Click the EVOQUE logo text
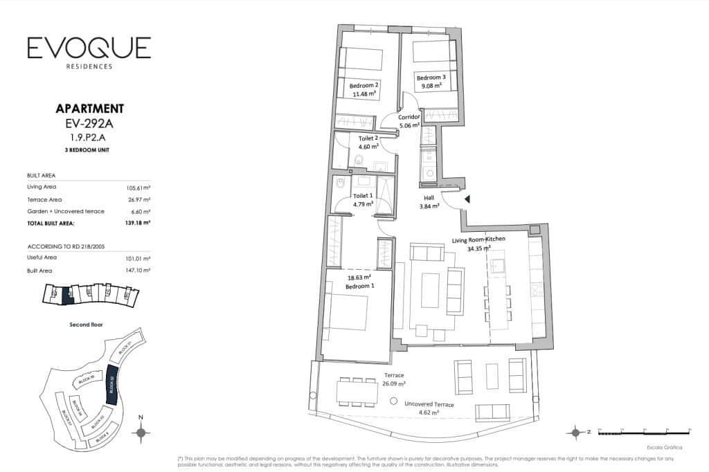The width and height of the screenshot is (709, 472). (89, 48)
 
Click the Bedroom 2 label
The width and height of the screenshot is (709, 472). (364, 85)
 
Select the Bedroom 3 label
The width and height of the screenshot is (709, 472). (431, 79)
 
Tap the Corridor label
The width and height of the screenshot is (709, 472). (409, 118)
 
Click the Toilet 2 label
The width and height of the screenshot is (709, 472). (368, 138)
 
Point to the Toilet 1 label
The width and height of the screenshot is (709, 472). (362, 196)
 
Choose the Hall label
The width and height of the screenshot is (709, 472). (429, 197)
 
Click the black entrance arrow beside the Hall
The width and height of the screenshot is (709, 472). (467, 199)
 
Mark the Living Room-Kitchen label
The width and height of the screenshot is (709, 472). (478, 239)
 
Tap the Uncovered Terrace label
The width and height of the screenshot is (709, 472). (429, 404)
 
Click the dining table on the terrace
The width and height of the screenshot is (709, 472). (352, 392)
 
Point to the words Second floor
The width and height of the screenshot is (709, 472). (86, 324)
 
